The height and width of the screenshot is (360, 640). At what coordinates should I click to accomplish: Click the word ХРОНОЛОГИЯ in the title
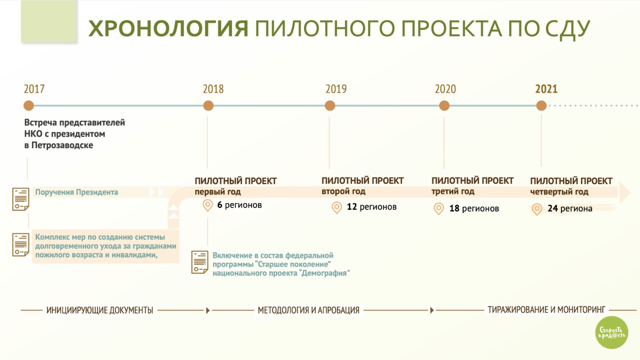[x=168, y=29]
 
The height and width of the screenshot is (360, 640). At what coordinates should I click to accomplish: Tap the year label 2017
[x=34, y=89]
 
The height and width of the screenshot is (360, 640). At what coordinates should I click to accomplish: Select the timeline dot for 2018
[x=208, y=106]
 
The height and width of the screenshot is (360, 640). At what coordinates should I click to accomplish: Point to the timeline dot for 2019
[x=330, y=106]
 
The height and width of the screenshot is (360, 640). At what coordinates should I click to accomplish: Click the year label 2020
[x=445, y=89]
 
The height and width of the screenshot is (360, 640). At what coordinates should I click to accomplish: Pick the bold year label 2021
[x=546, y=89]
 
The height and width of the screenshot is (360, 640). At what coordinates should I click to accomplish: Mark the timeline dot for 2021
[x=541, y=106]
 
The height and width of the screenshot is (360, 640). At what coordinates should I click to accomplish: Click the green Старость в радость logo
[x=612, y=332]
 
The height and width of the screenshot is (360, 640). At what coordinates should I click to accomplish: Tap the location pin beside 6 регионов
[x=208, y=205]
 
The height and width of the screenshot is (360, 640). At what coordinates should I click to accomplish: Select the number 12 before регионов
[x=352, y=206]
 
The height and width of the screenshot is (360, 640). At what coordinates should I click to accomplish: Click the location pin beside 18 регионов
[x=439, y=209]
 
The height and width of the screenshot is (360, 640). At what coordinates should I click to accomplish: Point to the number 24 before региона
[x=552, y=208]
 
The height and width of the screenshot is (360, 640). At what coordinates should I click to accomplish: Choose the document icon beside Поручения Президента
[x=21, y=199]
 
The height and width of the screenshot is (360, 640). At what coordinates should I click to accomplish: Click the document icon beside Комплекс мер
[x=21, y=245]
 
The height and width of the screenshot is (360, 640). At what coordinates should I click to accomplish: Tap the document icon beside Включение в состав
[x=200, y=262]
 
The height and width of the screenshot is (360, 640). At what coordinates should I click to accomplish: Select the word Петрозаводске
[x=62, y=145]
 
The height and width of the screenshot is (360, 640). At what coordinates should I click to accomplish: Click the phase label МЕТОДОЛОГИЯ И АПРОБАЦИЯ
[x=309, y=310]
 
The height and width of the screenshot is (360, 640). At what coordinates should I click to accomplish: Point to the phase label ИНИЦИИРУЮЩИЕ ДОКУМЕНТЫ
[x=100, y=310]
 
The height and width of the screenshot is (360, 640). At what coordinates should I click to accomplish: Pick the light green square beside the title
[x=49, y=21]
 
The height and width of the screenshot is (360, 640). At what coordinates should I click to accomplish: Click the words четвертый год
[x=559, y=192]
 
